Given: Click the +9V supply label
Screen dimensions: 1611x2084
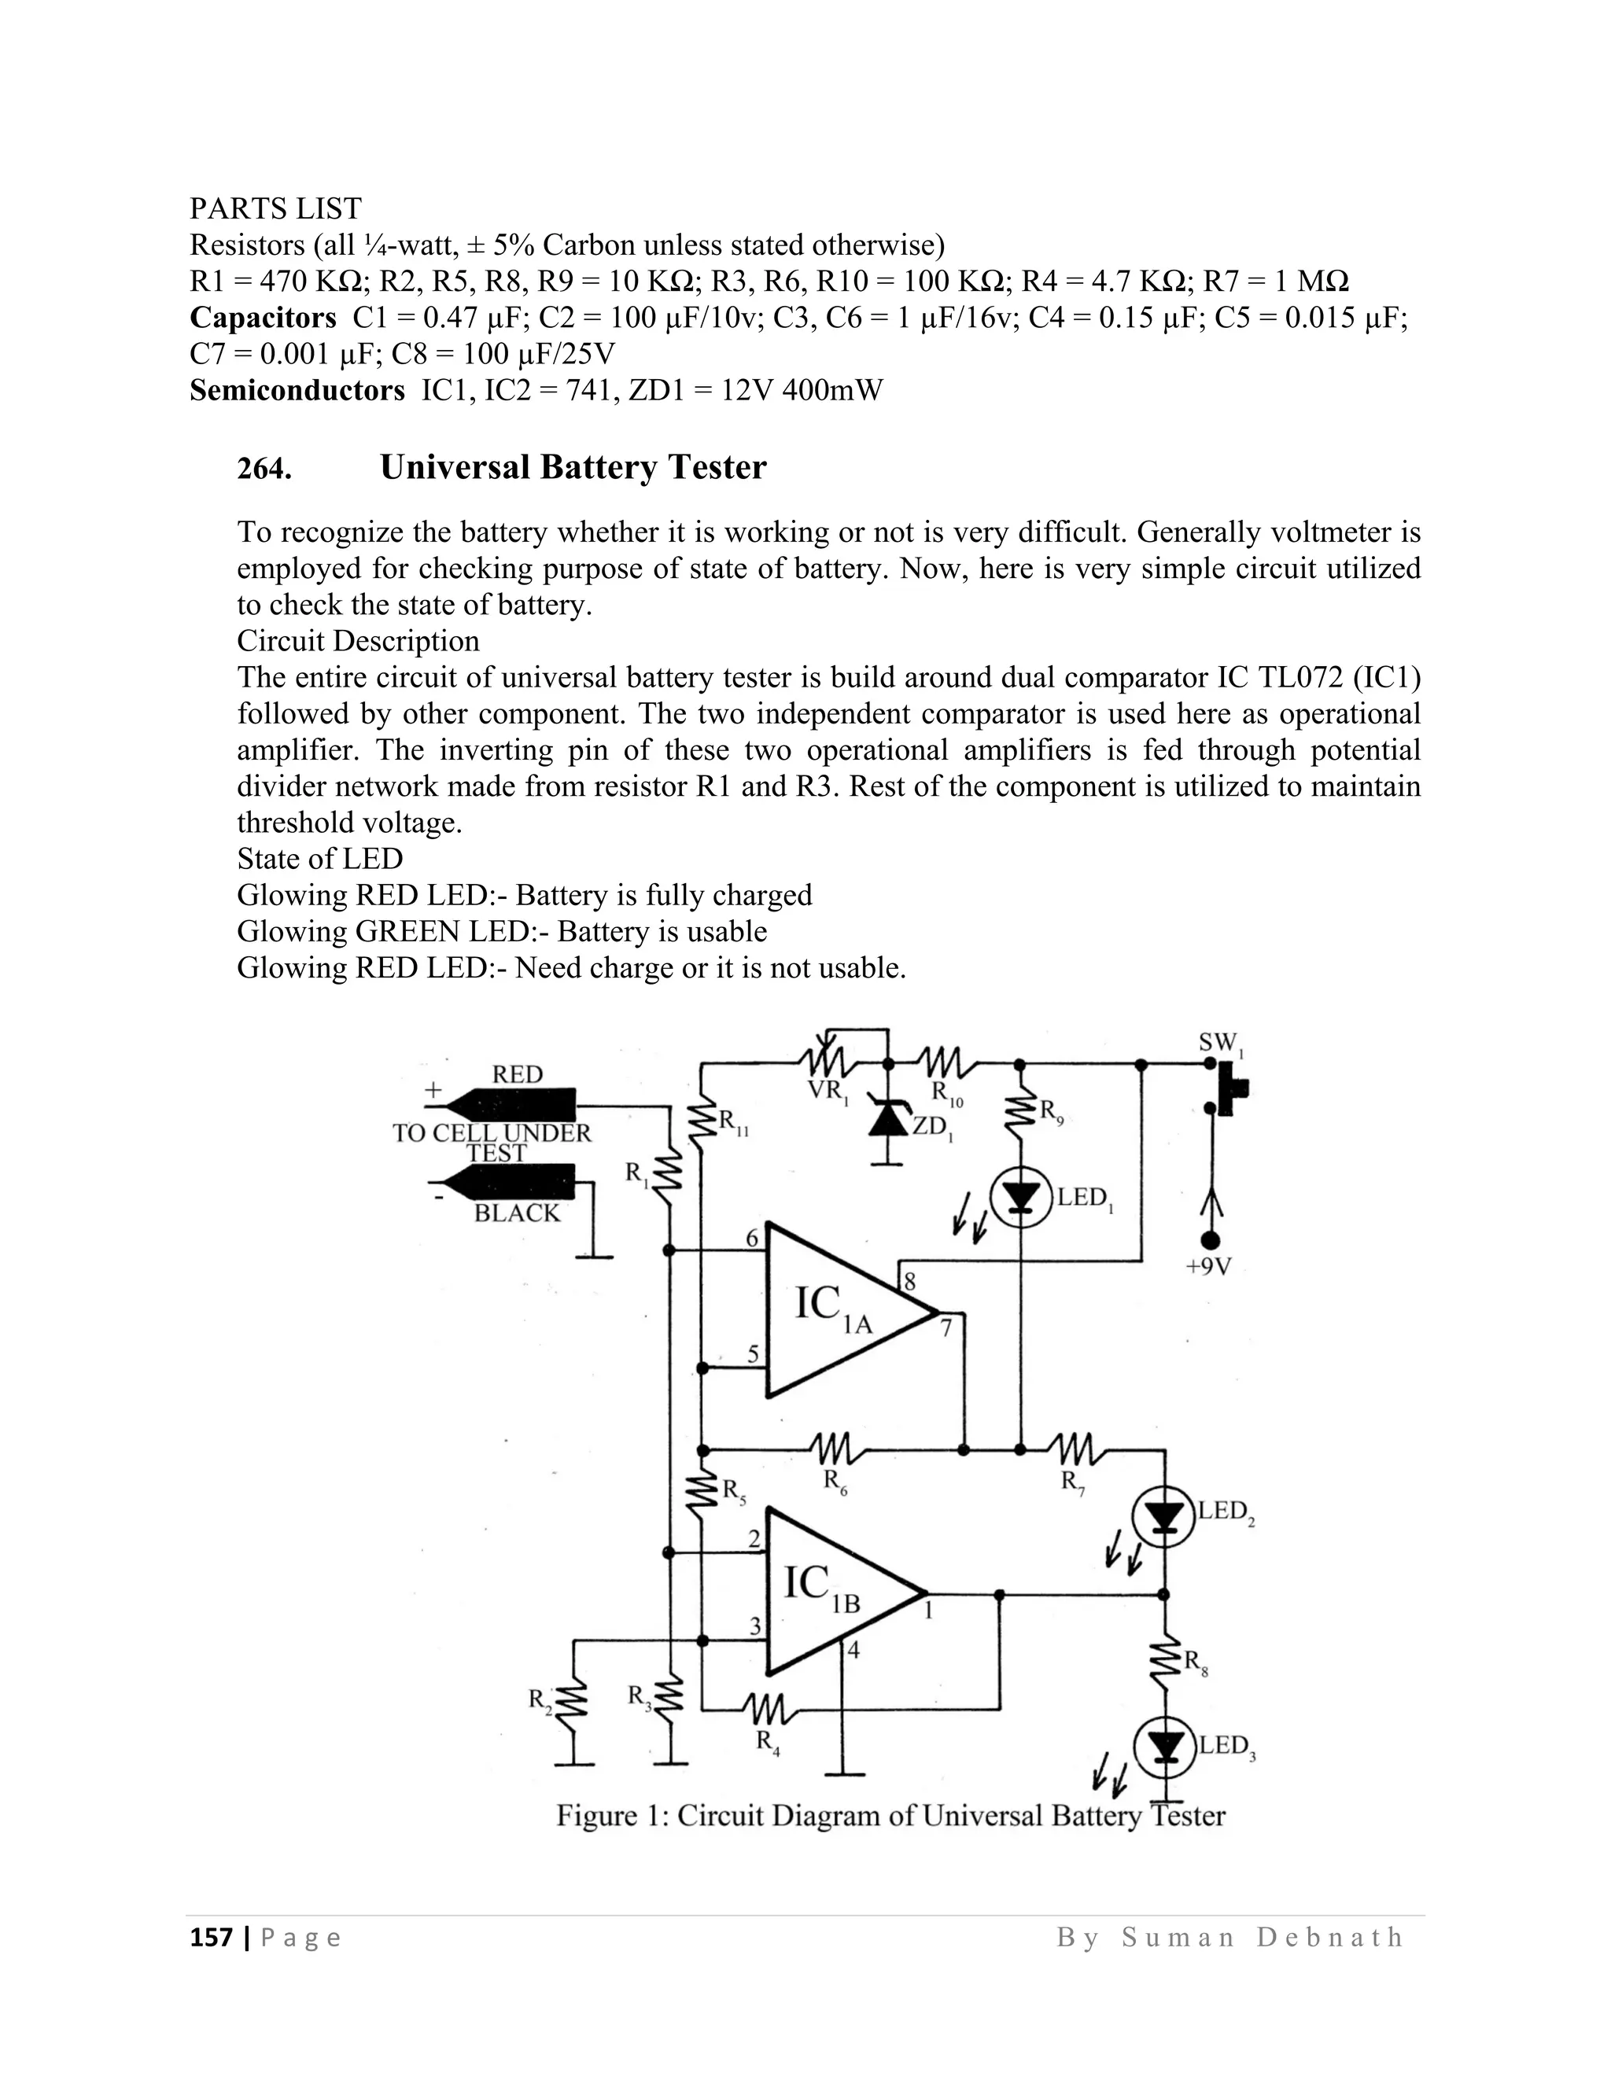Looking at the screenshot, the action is [1209, 1267].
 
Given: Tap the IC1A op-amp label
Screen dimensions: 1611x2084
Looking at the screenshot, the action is [832, 1305].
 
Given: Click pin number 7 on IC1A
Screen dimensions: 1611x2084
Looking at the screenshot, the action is [946, 1327].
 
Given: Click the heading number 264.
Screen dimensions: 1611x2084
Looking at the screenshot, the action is [264, 469].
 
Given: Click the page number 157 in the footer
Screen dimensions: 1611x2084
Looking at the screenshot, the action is [211, 1937].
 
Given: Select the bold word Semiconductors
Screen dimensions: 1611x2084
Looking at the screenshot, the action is [297, 390].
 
